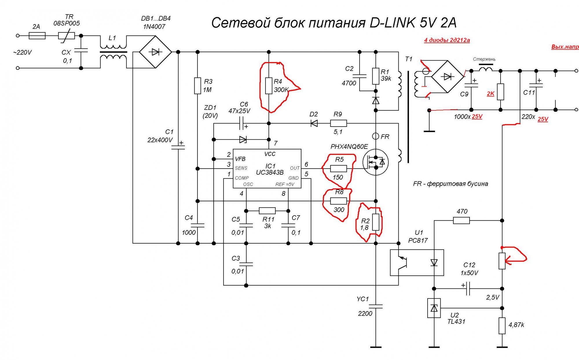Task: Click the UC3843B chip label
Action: [x=270, y=173]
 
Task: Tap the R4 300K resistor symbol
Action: [x=269, y=86]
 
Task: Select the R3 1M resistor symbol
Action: [x=197, y=86]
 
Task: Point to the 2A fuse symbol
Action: [x=37, y=36]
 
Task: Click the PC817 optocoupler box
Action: [x=417, y=262]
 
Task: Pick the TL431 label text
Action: [x=456, y=321]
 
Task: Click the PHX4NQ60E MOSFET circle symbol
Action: [x=375, y=162]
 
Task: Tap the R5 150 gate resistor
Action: [x=338, y=169]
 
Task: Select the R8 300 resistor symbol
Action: [x=338, y=201]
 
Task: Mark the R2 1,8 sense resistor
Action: [x=376, y=222]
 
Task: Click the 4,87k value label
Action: [x=516, y=325]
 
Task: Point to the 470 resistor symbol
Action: [x=461, y=221]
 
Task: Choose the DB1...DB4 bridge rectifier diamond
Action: [x=155, y=52]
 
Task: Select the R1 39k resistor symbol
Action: [x=376, y=76]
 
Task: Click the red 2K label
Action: [x=490, y=94]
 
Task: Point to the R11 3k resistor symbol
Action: [x=267, y=211]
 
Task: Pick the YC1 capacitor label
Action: [x=363, y=299]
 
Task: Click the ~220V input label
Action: [x=22, y=52]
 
